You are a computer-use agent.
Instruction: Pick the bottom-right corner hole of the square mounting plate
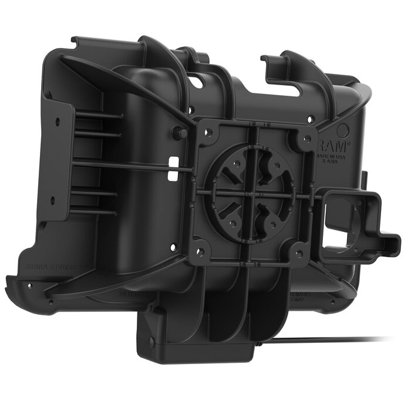[x=301, y=254]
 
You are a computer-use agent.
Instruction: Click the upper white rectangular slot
[x=173, y=160]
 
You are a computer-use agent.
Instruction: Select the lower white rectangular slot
[x=171, y=176]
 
